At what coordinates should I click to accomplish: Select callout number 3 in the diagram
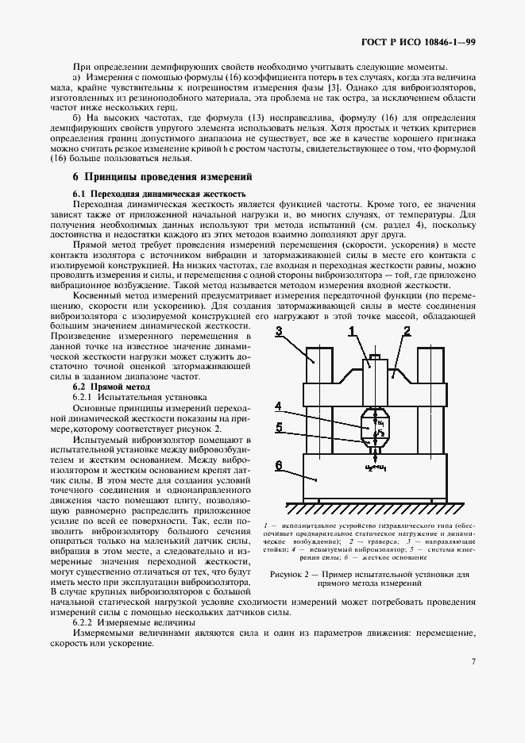(x=279, y=333)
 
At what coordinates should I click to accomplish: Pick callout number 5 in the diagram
(x=278, y=427)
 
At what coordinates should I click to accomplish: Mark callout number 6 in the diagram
(x=278, y=465)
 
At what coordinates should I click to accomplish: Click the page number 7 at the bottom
(x=472, y=661)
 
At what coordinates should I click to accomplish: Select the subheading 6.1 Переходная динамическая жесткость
(x=159, y=194)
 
